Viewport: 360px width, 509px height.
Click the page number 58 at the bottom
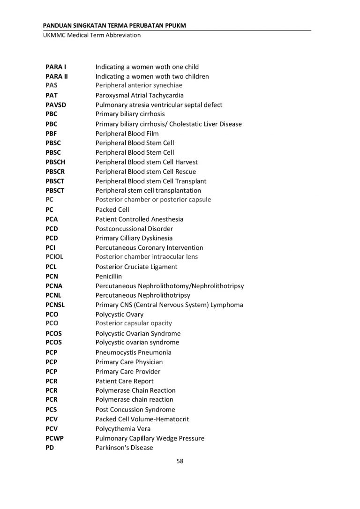pos(180,461)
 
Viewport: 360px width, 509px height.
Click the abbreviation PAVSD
pos(56,105)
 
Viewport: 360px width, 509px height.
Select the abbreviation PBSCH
pos(56,162)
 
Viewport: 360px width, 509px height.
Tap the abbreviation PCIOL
pos(54,257)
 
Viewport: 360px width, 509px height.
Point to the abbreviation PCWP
pos(55,438)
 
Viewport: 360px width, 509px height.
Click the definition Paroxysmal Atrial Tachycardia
pos(140,96)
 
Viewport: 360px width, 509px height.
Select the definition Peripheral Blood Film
pos(127,134)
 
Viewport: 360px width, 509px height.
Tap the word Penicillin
pos(109,277)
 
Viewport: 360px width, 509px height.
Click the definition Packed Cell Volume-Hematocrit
pos(142,419)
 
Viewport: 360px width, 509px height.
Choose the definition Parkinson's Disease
pos(124,448)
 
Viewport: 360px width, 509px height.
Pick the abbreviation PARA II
pos(57,76)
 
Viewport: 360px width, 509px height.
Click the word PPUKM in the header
pos(175,25)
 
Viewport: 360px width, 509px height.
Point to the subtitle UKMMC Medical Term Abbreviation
pos(89,35)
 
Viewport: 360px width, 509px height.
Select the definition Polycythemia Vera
pos(123,429)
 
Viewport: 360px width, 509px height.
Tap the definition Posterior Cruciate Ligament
pos(136,267)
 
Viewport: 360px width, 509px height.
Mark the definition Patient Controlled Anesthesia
pos(139,219)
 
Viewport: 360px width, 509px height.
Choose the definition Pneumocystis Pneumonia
pos(134,352)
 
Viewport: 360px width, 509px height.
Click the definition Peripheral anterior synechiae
pos(139,86)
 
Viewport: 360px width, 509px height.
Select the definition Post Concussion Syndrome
pos(135,410)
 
